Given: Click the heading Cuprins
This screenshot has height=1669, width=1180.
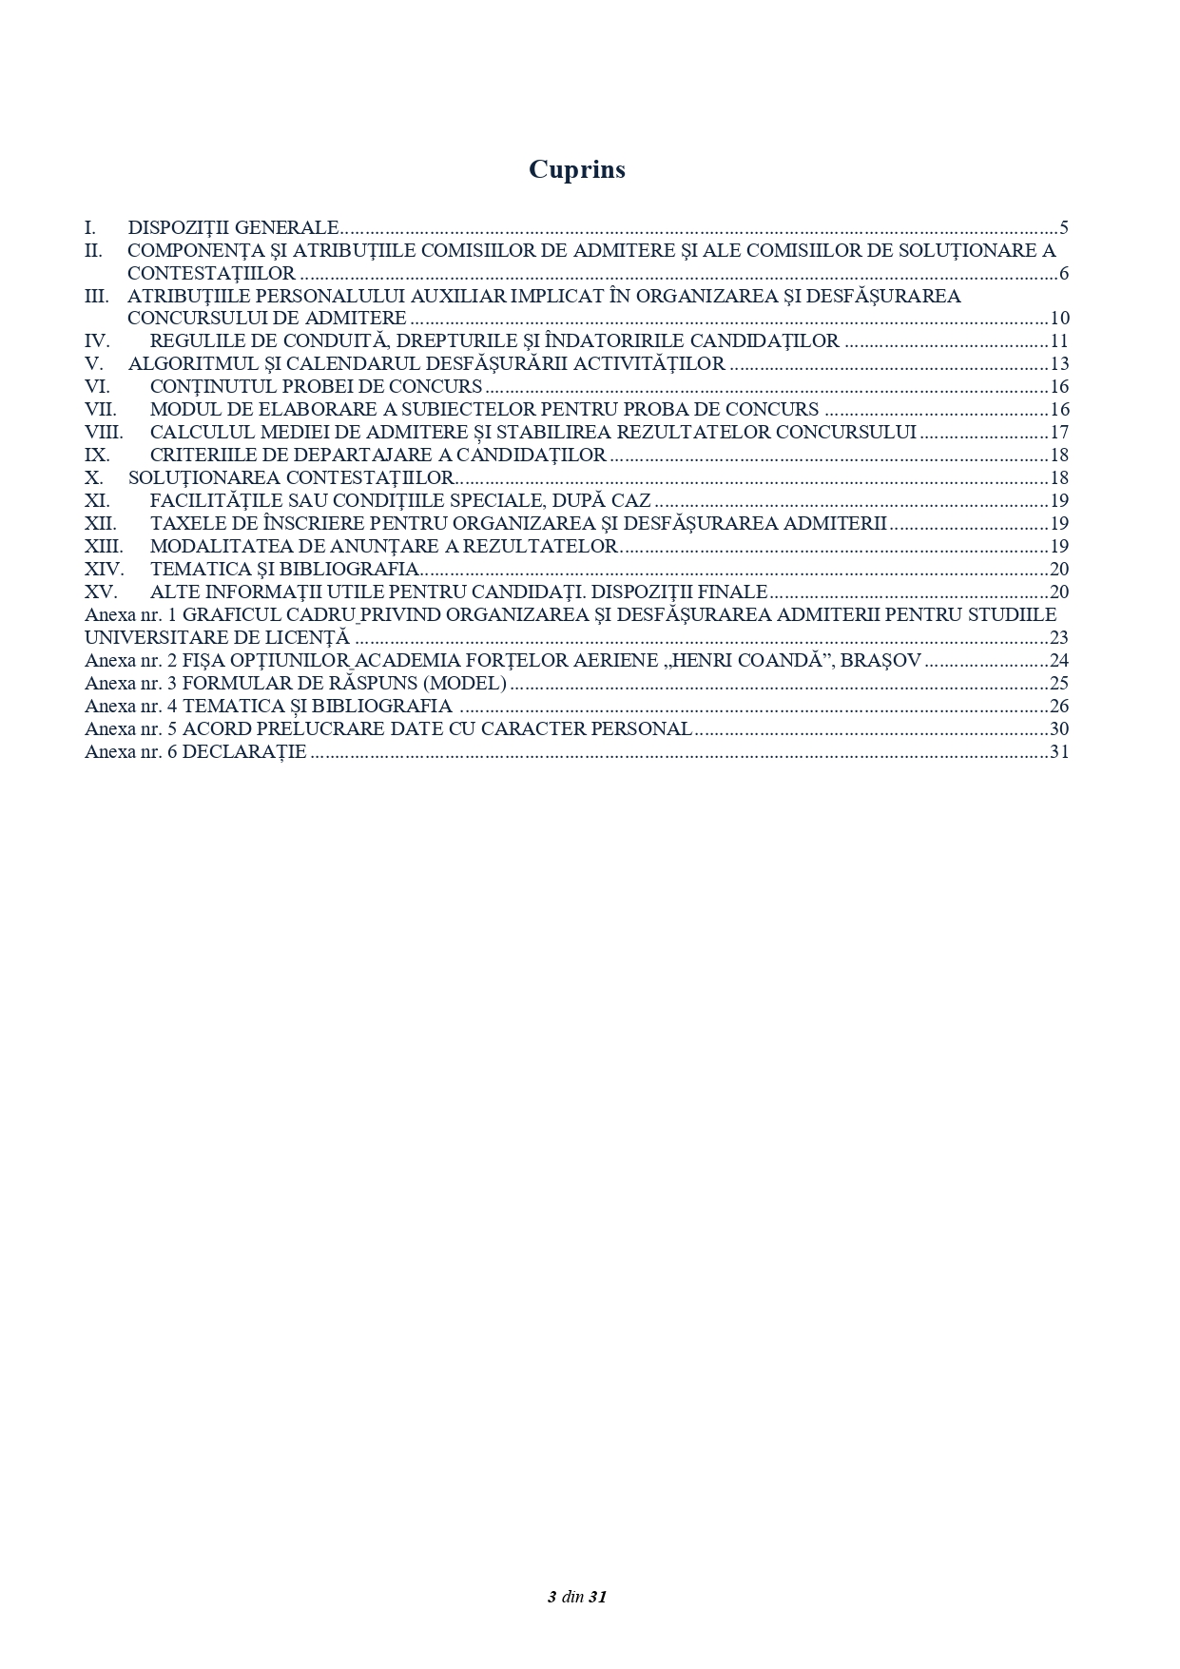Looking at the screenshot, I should pyautogui.click(x=577, y=169).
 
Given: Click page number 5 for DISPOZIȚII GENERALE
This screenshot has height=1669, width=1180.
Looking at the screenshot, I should pyautogui.click(x=1064, y=227).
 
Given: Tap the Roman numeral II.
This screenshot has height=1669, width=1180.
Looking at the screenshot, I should pyautogui.click(x=93, y=250).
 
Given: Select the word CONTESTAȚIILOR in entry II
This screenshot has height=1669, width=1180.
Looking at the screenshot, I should pyautogui.click(x=211, y=274).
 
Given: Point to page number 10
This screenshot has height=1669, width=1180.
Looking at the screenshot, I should pyautogui.click(x=1059, y=319).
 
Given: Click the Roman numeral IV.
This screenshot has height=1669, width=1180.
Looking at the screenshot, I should pyautogui.click(x=96, y=341).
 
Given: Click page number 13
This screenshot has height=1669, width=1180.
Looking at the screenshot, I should pyautogui.click(x=1059, y=364).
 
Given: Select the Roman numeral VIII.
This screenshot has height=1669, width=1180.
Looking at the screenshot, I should pyautogui.click(x=104, y=433).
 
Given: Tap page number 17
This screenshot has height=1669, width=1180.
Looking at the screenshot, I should pyautogui.click(x=1059, y=433).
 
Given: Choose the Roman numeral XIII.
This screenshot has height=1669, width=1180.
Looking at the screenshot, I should pyautogui.click(x=104, y=547).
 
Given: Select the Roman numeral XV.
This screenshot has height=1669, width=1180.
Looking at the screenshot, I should pyautogui.click(x=99, y=592).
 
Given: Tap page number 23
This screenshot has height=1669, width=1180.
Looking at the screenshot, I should pyautogui.click(x=1059, y=638).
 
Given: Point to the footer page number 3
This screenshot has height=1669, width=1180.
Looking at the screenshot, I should pyautogui.click(x=551, y=1597).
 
